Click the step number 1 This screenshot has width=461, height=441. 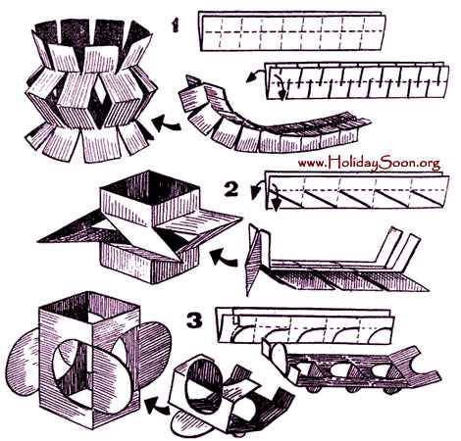point(176,24)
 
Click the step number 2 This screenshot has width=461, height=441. point(231,190)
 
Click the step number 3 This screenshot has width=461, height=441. point(195,320)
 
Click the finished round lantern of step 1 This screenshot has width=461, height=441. point(91,90)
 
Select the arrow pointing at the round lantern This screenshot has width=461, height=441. point(166,124)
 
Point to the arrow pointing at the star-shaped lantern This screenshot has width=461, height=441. point(224,258)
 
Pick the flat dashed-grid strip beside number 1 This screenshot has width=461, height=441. point(292,31)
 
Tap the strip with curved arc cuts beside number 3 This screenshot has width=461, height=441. point(304,325)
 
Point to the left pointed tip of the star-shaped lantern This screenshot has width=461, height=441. point(38,242)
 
